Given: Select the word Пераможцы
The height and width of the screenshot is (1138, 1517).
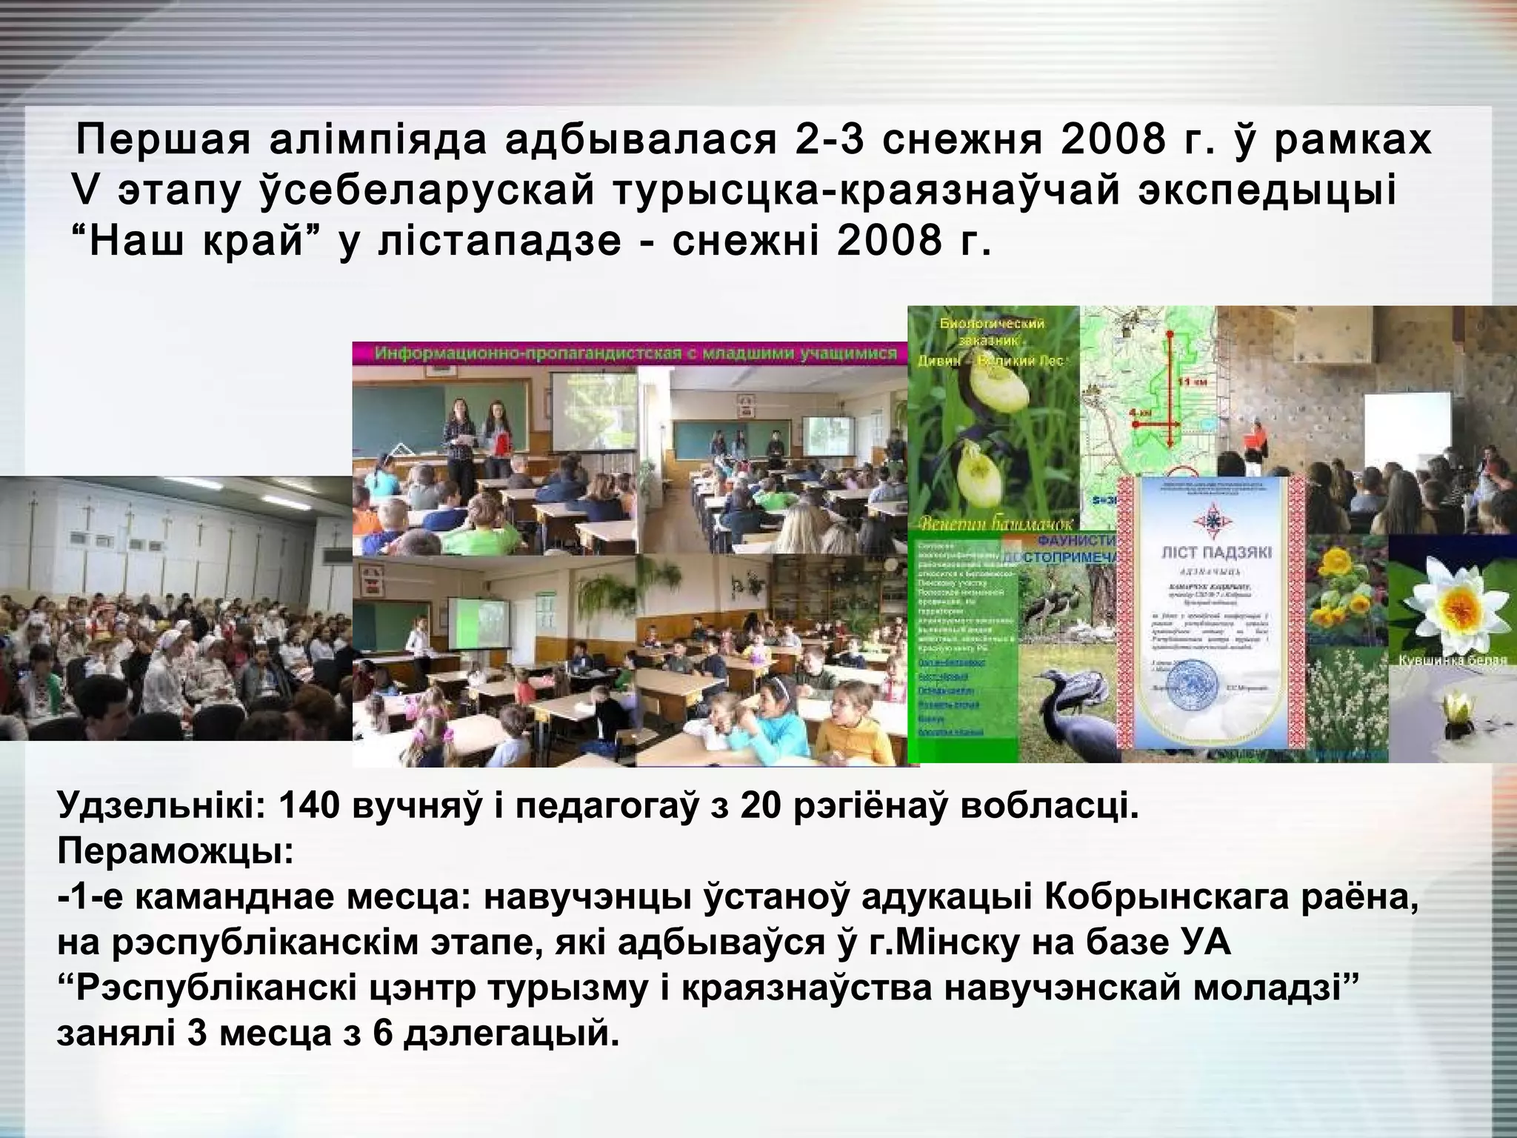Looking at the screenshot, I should (175, 852).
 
